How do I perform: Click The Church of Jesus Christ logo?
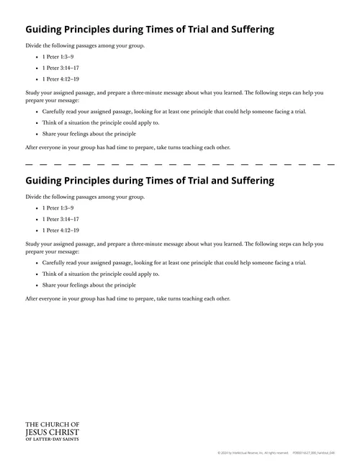[x=53, y=431]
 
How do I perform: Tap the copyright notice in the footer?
[x=253, y=453]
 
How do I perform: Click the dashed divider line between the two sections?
[x=180, y=165]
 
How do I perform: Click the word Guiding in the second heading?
[x=45, y=180]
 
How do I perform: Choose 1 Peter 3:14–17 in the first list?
[x=60, y=68]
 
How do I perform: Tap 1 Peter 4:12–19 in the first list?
[x=60, y=79]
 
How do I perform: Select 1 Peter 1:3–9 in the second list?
[x=58, y=207]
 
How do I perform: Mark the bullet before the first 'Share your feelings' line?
[x=35, y=134]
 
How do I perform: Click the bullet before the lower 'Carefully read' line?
[x=35, y=263]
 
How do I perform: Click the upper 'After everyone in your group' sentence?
[x=128, y=147]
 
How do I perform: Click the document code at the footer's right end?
[x=315, y=453]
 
